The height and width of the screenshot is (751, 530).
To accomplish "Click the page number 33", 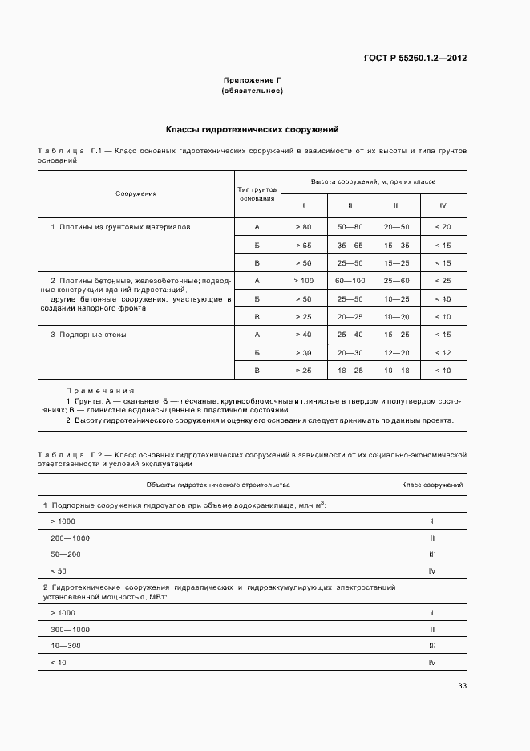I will click(462, 685).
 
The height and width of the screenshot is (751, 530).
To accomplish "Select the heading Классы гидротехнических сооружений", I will click(253, 128).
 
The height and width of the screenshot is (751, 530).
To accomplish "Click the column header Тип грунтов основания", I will click(257, 193).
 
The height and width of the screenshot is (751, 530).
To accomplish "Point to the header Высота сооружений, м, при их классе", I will click(374, 182).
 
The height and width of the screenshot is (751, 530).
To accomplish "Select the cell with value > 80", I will click(304, 227).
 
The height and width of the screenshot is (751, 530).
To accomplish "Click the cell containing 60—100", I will click(350, 281).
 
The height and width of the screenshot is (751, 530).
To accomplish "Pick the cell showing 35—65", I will click(350, 245).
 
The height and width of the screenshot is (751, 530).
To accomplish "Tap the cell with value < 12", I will click(443, 352).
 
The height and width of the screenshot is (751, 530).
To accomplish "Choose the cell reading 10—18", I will click(396, 371).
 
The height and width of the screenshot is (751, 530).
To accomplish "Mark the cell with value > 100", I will click(304, 281).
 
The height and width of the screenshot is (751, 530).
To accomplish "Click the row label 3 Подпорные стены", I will click(88, 335).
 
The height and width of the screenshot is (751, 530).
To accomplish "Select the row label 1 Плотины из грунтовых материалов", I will click(120, 227).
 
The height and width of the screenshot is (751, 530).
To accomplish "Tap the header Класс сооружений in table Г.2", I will click(432, 485).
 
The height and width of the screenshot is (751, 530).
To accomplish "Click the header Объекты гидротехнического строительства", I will click(218, 485).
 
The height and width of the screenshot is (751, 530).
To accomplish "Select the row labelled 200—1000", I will click(70, 538).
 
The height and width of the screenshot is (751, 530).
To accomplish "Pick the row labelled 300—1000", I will click(70, 630).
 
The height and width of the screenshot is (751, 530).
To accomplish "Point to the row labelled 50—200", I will click(66, 554).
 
